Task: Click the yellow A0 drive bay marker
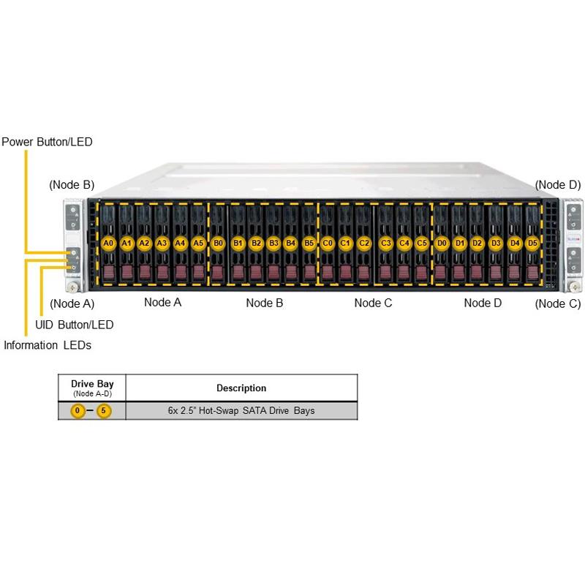pyautogui.click(x=108, y=242)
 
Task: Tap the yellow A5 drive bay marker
pyautogui.click(x=198, y=242)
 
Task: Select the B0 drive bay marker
pyautogui.click(x=218, y=242)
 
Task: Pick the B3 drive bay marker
pyautogui.click(x=273, y=242)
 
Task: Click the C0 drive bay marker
pyautogui.click(x=328, y=242)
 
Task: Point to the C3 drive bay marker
pyautogui.click(x=386, y=242)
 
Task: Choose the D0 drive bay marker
pyautogui.click(x=442, y=242)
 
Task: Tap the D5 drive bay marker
pyautogui.click(x=532, y=242)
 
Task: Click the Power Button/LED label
pyautogui.click(x=47, y=142)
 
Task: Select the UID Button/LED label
pyautogui.click(x=75, y=324)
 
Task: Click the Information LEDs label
pyautogui.click(x=48, y=345)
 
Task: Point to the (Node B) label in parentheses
pyautogui.click(x=72, y=185)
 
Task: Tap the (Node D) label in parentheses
pyautogui.click(x=558, y=185)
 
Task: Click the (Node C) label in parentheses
pyautogui.click(x=558, y=303)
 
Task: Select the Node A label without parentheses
pyautogui.click(x=162, y=303)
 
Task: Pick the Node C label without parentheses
pyautogui.click(x=373, y=303)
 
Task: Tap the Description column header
pyautogui.click(x=241, y=388)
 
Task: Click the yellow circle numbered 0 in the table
pyautogui.click(x=78, y=411)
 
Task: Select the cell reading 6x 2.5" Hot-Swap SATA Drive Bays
pyautogui.click(x=241, y=411)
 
